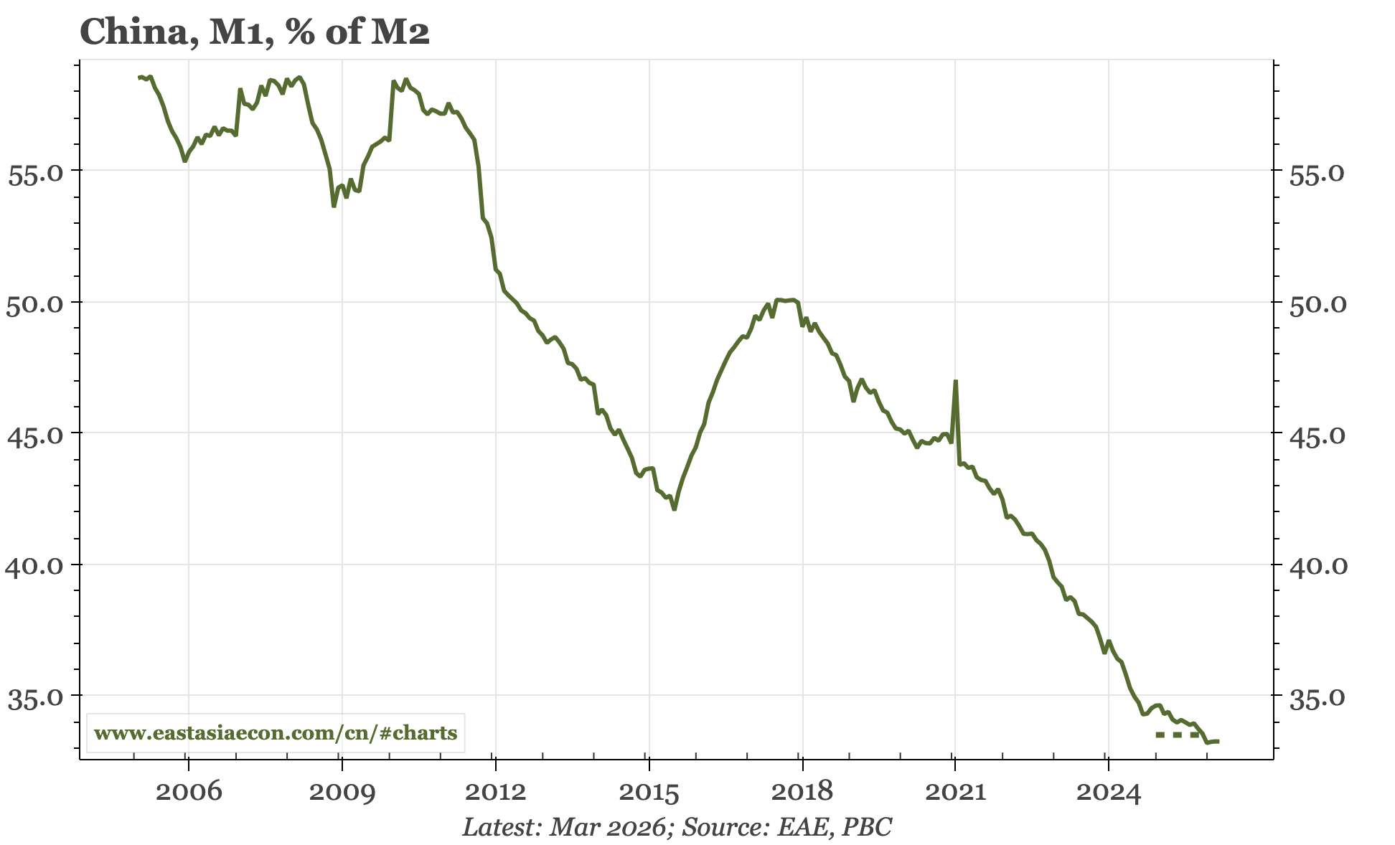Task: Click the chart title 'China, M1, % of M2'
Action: (255, 32)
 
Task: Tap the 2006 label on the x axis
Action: (189, 793)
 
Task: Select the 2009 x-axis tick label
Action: (342, 793)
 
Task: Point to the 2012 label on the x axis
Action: (495, 793)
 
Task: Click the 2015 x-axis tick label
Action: (649, 793)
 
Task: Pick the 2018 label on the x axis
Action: (802, 793)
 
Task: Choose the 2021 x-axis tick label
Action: (955, 793)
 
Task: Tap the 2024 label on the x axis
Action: (1109, 793)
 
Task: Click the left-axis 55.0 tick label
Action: (34, 174)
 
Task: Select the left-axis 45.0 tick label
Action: (34, 435)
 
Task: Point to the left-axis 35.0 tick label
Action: (34, 698)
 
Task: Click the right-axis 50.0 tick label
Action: (1318, 304)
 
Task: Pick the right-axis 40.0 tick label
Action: (1318, 567)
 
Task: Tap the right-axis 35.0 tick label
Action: (1318, 698)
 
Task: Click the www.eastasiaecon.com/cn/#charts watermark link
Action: (276, 733)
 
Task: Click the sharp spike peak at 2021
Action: (956, 382)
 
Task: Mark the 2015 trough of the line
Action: (675, 509)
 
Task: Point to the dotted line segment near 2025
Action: (1177, 735)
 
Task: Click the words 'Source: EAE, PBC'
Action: (786, 827)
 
